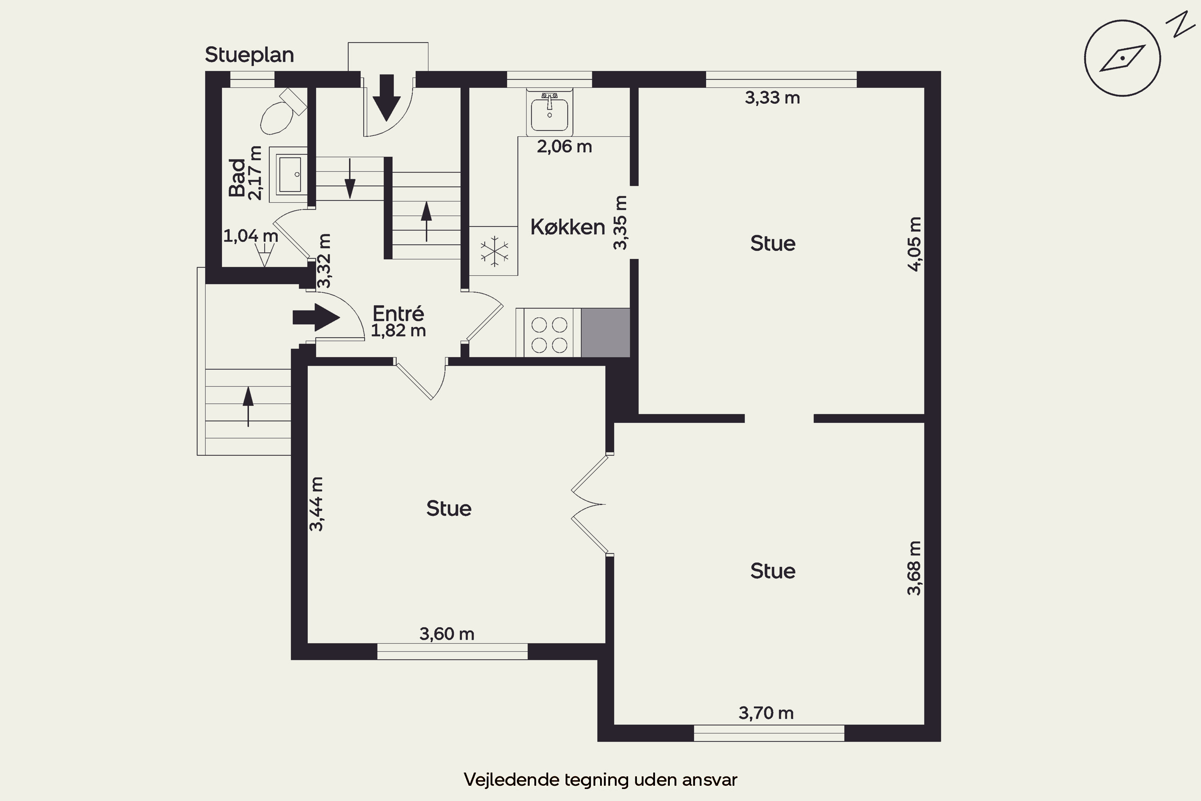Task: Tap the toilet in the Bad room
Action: point(282,111)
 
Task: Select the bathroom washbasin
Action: point(289,174)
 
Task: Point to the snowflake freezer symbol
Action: point(494,251)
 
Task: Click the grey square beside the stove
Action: point(606,332)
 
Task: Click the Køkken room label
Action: point(567,227)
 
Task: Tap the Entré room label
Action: point(398,313)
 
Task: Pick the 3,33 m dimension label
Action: point(772,98)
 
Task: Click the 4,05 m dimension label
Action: point(915,244)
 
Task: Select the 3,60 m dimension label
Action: point(447,634)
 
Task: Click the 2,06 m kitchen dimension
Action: point(564,147)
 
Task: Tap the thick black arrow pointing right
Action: point(316,317)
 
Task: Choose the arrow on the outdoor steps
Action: point(248,407)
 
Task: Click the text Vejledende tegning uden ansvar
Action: point(600,779)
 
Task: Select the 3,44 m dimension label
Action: point(317,504)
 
